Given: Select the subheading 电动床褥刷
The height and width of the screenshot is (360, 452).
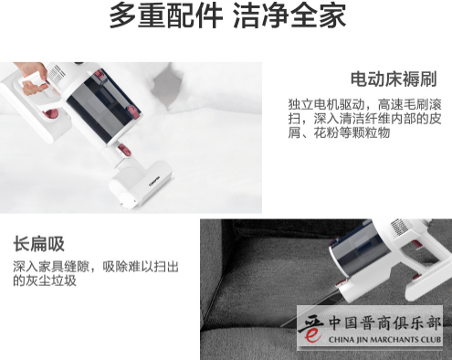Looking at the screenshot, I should [394, 79].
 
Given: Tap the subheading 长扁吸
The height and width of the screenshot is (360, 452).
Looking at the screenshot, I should [38, 244].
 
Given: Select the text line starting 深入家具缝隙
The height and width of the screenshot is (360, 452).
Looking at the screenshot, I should [96, 266].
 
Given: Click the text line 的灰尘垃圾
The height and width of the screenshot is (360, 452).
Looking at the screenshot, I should [45, 281].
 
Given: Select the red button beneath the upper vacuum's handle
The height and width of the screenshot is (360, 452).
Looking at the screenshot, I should [50, 114].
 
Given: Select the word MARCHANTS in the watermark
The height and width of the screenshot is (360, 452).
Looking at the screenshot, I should [394, 341].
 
